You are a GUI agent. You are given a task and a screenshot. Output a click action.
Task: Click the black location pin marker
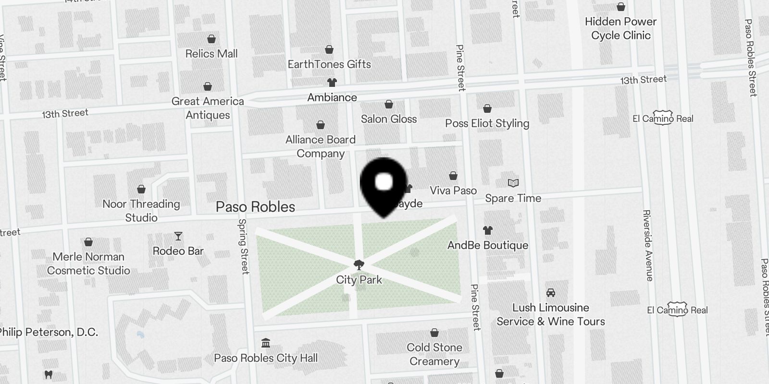point(384,185)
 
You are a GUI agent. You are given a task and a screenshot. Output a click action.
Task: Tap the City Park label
point(359,280)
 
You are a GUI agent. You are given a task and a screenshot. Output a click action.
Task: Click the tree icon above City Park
point(359,264)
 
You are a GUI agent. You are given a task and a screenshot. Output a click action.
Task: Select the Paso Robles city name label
point(255,207)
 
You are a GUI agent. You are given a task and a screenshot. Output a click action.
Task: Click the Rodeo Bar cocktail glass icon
point(178,236)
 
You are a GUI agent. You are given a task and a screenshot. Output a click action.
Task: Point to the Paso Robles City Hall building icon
point(265,343)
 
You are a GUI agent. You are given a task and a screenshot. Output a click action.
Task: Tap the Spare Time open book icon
point(513,183)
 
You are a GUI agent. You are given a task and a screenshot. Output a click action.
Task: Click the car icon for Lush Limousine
point(551,293)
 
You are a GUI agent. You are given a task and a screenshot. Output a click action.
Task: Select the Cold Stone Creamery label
point(434,354)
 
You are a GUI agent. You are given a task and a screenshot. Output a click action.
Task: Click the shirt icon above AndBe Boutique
point(487,230)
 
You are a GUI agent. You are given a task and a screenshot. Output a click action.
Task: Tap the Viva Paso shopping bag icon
point(453,176)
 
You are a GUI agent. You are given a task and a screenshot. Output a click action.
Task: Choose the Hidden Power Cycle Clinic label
point(620,28)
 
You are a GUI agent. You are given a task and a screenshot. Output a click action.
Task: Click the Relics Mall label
point(211,54)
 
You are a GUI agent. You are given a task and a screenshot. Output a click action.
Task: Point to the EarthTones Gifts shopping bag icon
point(329,49)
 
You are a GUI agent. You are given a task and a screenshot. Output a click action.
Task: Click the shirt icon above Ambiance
point(332,83)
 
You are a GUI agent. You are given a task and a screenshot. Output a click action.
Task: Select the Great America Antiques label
point(208,108)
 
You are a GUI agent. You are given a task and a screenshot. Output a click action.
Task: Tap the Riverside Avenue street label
point(647,245)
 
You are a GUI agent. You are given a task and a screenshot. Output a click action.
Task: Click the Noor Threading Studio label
point(141,211)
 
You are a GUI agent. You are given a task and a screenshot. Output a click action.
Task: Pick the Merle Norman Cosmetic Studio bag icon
point(88,242)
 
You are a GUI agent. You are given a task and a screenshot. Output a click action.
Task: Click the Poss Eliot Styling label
point(487,123)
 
